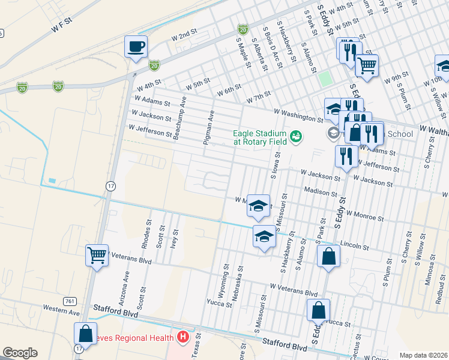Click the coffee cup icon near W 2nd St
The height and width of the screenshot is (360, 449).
click(136, 46)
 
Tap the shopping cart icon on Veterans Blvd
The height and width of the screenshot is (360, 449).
click(97, 256)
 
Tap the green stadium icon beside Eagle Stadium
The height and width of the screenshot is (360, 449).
click(295, 138)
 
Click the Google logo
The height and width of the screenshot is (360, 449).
click(20, 353)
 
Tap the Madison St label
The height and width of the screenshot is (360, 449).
click(320, 193)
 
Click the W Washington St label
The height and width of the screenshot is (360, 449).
click(294, 114)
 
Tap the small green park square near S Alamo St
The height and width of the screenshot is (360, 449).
click(325, 78)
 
